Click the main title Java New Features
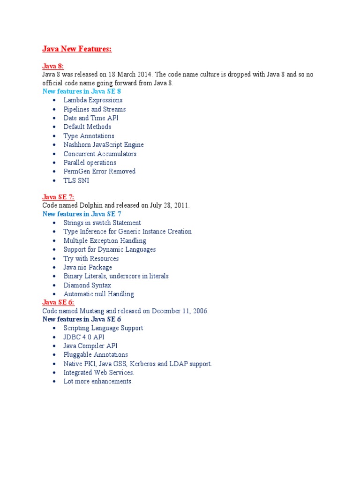coord(77,49)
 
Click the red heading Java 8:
coord(53,67)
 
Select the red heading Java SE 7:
coord(58,197)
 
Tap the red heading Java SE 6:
coord(58,302)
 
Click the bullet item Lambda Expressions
coord(93,100)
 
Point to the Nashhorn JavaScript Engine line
coord(104,145)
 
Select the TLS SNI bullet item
coord(76,180)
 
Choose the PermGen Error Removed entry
coord(99,172)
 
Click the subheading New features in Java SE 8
coord(82,91)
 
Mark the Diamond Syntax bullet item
coord(87,285)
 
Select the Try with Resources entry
coord(91,258)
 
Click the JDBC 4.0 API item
coord(84,337)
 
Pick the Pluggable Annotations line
coord(96,355)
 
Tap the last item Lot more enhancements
coord(98,382)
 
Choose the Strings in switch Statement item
coord(102,223)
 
